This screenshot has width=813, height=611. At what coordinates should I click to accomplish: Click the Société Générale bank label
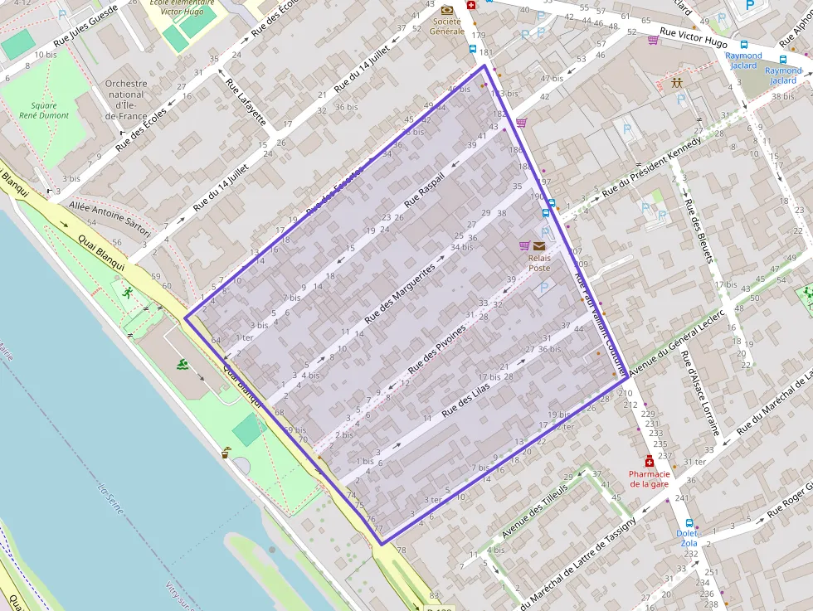pos(446,26)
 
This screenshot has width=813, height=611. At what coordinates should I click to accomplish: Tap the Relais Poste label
pos(539,262)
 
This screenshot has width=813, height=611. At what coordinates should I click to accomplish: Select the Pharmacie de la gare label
pos(649,478)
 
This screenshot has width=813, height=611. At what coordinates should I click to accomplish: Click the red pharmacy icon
pos(649,461)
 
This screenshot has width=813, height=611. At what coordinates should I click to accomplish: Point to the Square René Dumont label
pos(44,110)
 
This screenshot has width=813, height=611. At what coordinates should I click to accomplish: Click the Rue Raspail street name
pos(425,190)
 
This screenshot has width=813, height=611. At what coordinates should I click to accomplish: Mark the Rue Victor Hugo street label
pos(694,38)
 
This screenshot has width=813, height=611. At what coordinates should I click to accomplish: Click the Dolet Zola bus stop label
pos(688,538)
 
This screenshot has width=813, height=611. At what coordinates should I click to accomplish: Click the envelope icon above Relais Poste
pos(539,245)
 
